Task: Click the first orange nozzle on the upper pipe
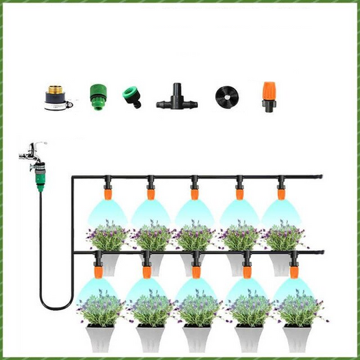(107, 193)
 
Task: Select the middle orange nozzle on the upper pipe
(195, 193)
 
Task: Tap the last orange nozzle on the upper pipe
(283, 193)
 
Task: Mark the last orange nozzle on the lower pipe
(294, 270)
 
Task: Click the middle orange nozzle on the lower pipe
(196, 270)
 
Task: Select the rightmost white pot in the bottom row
(295, 337)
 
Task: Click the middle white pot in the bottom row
(197, 337)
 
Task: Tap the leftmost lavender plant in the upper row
(107, 237)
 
